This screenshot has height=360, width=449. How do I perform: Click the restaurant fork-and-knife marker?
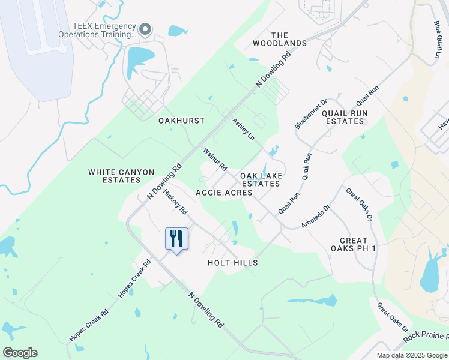pyautogui.click(x=176, y=239)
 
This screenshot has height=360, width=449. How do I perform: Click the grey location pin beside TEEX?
pyautogui.click(x=145, y=29)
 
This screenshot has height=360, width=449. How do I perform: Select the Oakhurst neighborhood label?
pyautogui.click(x=181, y=121)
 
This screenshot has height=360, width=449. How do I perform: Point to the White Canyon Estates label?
pyautogui.click(x=121, y=176)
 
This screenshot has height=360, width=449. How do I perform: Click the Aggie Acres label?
pyautogui.click(x=224, y=193)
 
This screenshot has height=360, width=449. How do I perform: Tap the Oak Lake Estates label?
pyautogui.click(x=261, y=179)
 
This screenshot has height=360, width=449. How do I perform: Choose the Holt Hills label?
pyautogui.click(x=232, y=263)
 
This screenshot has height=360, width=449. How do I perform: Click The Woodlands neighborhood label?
pyautogui.click(x=280, y=39)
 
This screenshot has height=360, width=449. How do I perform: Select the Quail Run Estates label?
pyautogui.click(x=343, y=117)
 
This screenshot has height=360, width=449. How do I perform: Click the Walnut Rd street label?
pyautogui.click(x=214, y=159)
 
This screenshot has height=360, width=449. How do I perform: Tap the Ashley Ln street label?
pyautogui.click(x=244, y=130)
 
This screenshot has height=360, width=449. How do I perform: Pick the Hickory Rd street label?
pyautogui.click(x=176, y=204)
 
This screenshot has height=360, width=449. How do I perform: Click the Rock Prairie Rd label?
pyautogui.click(x=426, y=337)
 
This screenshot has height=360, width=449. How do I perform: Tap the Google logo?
pyautogui.click(x=20, y=353)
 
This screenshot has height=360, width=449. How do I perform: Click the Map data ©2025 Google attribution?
pyautogui.click(x=412, y=355)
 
